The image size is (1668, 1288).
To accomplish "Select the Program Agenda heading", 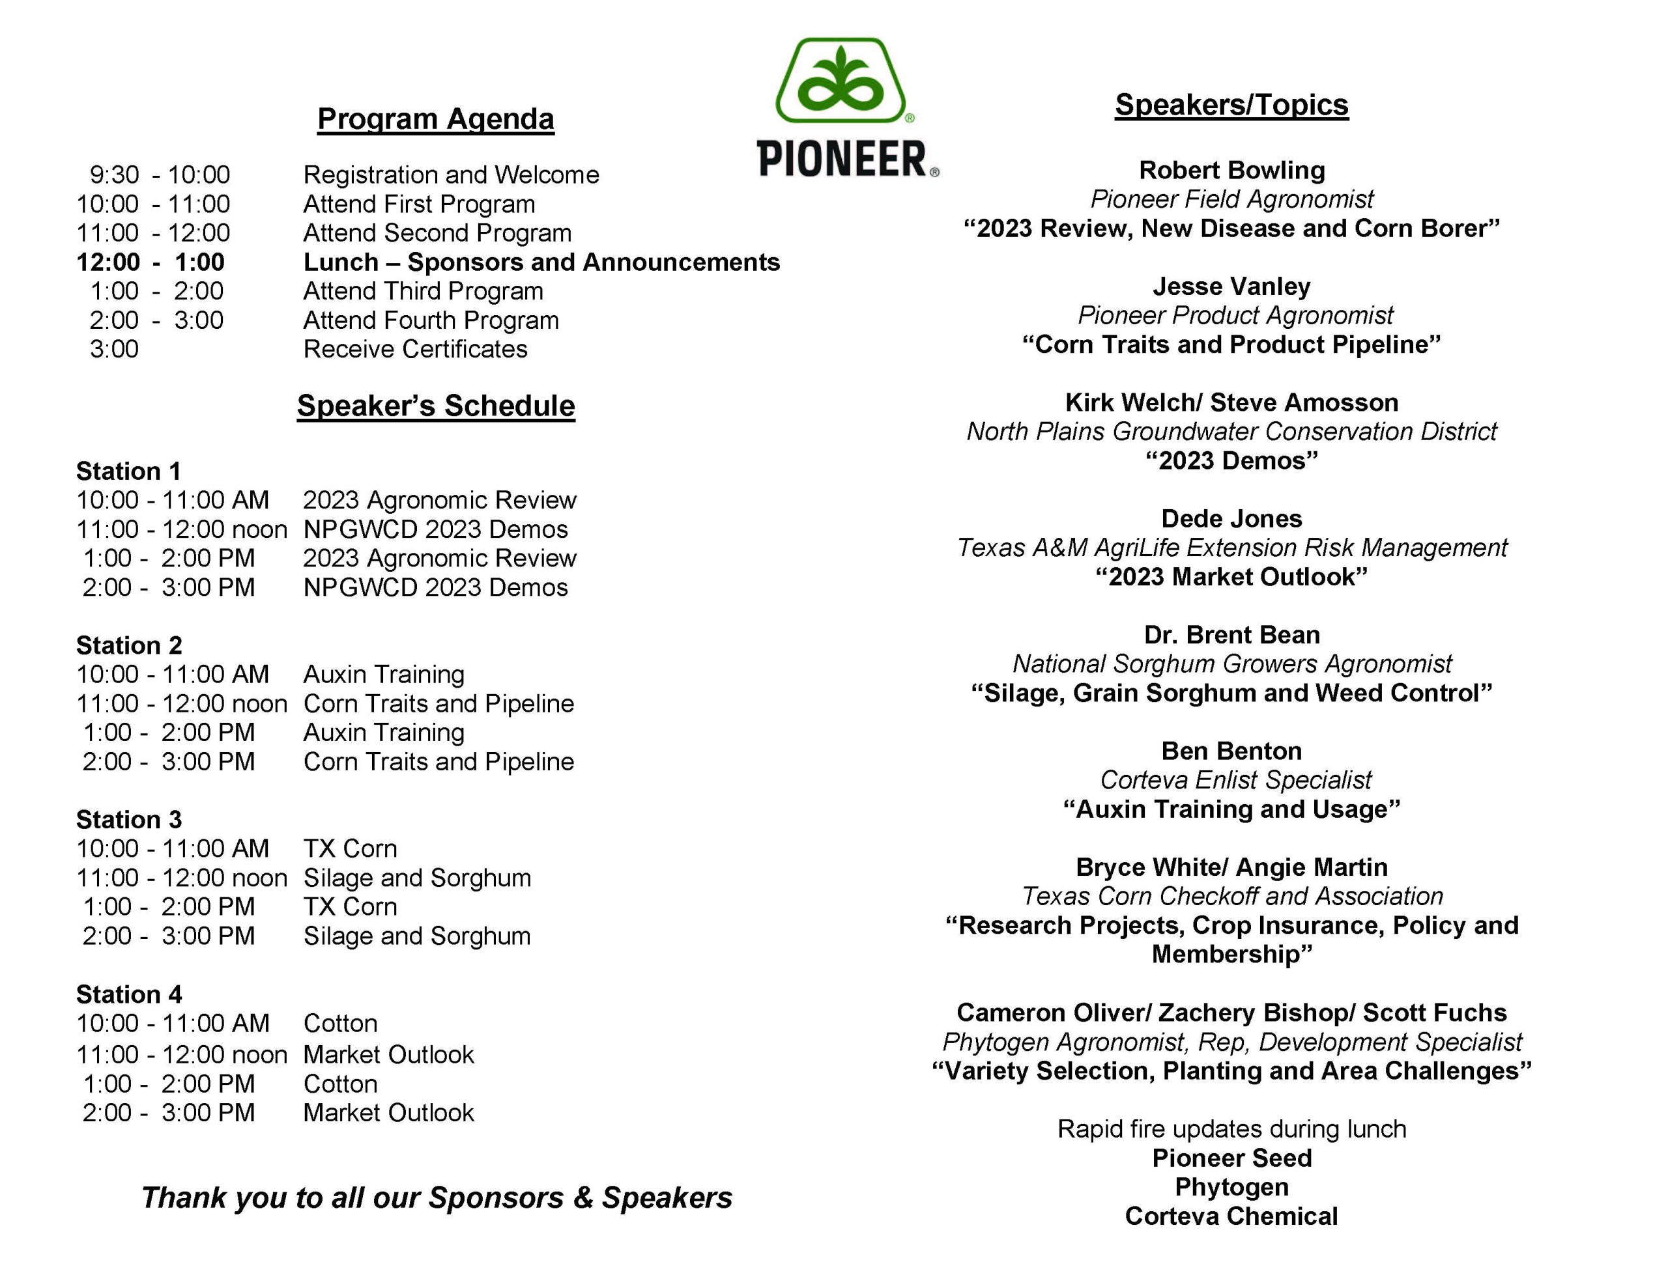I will pyautogui.click(x=435, y=119).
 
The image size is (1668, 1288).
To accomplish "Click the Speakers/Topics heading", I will pyautogui.click(x=1231, y=105).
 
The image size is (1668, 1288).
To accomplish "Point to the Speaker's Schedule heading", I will pyautogui.click(x=435, y=406).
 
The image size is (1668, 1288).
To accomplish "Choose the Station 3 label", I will pyautogui.click(x=128, y=819).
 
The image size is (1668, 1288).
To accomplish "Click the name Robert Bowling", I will pyautogui.click(x=1231, y=169).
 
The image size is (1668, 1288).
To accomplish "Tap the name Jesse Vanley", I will pyautogui.click(x=1231, y=287).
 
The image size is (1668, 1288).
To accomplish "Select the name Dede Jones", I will pyautogui.click(x=1231, y=518).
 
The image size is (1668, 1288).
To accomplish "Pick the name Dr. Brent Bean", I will pyautogui.click(x=1231, y=634).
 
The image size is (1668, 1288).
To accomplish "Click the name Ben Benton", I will pyautogui.click(x=1231, y=751).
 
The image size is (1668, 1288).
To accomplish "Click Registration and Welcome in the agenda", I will pyautogui.click(x=451, y=175).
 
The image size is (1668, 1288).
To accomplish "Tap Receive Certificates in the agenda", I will pyautogui.click(x=414, y=349).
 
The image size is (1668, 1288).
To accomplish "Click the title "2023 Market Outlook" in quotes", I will pyautogui.click(x=1231, y=576).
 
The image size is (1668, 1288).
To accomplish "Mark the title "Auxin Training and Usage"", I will pyautogui.click(x=1231, y=809).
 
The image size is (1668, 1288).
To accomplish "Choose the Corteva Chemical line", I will pyautogui.click(x=1231, y=1216).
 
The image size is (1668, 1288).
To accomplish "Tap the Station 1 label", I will pyautogui.click(x=128, y=471).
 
